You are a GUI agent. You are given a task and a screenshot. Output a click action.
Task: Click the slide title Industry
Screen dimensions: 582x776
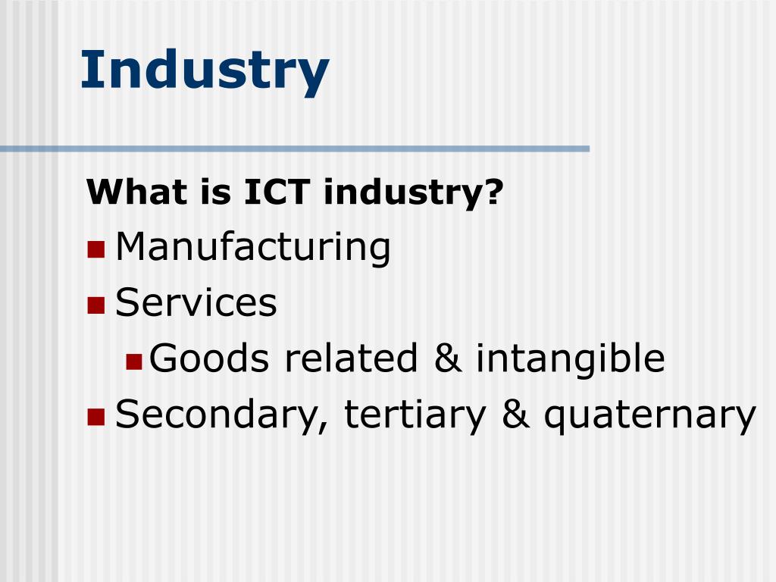pyautogui.click(x=205, y=70)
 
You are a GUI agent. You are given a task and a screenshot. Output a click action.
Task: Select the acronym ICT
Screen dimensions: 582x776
pyautogui.click(x=277, y=192)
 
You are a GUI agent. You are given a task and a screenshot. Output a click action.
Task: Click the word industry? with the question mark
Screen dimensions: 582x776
pyautogui.click(x=414, y=192)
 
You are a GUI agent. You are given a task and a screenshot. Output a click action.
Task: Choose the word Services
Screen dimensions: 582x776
pyautogui.click(x=196, y=303)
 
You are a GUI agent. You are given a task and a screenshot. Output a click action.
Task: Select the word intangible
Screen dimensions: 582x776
pyautogui.click(x=570, y=359)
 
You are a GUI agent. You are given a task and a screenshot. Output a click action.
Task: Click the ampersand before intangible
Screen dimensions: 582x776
pyautogui.click(x=449, y=359)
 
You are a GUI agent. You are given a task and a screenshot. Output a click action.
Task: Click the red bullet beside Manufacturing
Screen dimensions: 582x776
pyautogui.click(x=95, y=249)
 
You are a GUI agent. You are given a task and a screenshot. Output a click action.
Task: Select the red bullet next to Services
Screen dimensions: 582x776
pyautogui.click(x=95, y=305)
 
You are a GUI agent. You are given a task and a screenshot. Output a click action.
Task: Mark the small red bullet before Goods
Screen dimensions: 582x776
pyautogui.click(x=134, y=361)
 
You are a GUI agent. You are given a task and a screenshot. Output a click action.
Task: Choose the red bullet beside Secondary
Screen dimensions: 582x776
pyautogui.click(x=95, y=416)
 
